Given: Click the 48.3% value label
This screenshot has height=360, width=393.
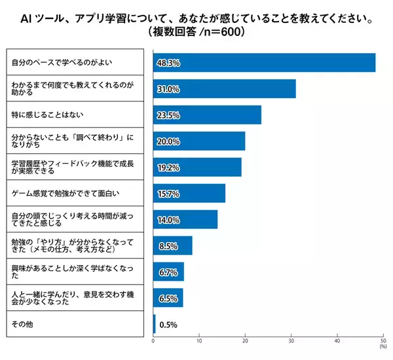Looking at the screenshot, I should tap(168, 63).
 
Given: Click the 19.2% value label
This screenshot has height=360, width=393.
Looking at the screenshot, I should tap(168, 168).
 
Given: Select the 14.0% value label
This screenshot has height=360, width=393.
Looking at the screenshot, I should tap(168, 220).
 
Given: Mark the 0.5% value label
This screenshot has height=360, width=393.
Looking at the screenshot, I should tap(169, 324).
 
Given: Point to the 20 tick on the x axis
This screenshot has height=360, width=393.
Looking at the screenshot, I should tap(245, 342).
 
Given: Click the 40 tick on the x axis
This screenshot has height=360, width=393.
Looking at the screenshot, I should tap(337, 342).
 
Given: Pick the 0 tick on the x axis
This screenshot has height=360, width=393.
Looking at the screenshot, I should tap(153, 342).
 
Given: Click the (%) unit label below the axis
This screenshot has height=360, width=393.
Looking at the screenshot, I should tap(382, 348).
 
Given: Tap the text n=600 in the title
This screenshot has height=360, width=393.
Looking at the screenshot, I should tap(206, 30).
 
